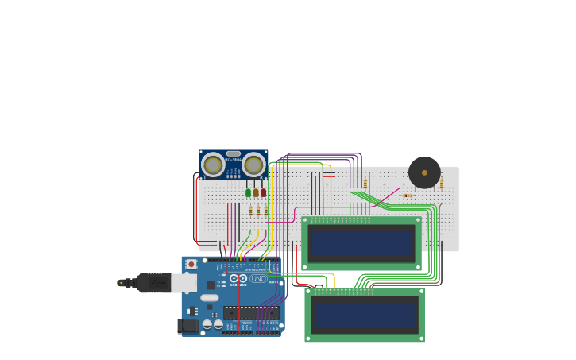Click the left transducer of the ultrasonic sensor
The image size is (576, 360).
click(x=212, y=165)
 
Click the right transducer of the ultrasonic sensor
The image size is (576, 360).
click(x=253, y=165)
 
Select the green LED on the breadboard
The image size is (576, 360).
click(x=249, y=192)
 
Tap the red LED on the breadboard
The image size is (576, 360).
click(x=264, y=192)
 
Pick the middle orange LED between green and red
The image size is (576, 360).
click(x=256, y=192)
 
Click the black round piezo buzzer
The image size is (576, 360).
click(x=424, y=172)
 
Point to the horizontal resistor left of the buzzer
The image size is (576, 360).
click(x=407, y=195)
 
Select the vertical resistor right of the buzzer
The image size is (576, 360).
click(x=442, y=184)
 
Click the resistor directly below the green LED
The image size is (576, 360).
click(x=250, y=211)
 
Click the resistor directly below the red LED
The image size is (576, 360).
click(x=265, y=211)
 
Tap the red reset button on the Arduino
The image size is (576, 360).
click(x=191, y=264)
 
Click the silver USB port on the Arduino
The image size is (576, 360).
click(x=184, y=282)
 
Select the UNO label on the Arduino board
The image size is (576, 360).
click(x=258, y=278)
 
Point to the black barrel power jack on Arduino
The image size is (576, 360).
click(x=188, y=325)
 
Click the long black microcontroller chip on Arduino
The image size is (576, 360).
click(x=251, y=312)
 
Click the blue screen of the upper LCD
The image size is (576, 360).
click(x=361, y=242)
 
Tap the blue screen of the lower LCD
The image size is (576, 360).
click(x=365, y=314)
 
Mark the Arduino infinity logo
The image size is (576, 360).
click(x=238, y=278)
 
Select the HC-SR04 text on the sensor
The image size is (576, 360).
click(x=233, y=160)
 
